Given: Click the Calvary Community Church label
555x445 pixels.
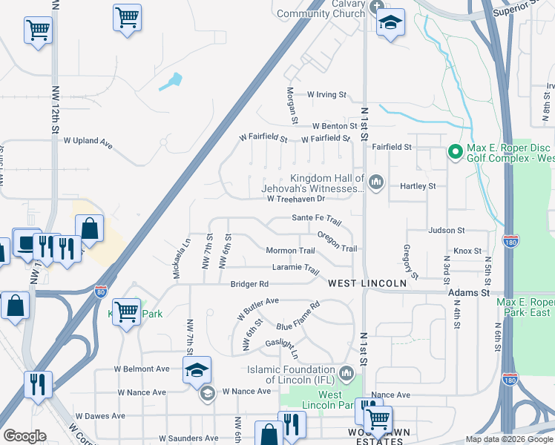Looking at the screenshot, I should click(320, 8).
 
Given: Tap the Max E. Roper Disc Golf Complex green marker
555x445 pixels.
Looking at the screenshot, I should click(454, 153).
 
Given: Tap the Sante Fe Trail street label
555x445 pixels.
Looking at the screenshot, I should click(316, 220).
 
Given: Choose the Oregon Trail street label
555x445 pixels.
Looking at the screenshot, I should click(338, 242).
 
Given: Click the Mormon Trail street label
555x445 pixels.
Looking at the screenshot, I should click(291, 251).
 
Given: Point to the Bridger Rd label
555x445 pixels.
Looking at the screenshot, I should click(249, 283).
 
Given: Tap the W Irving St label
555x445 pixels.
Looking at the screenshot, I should click(327, 95).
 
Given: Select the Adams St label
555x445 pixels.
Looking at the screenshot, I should click(470, 294).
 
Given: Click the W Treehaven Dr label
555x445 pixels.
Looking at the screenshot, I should click(296, 199).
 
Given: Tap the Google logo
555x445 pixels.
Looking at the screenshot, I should click(24, 436).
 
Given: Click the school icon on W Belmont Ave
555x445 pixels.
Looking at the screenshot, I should click(197, 369).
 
